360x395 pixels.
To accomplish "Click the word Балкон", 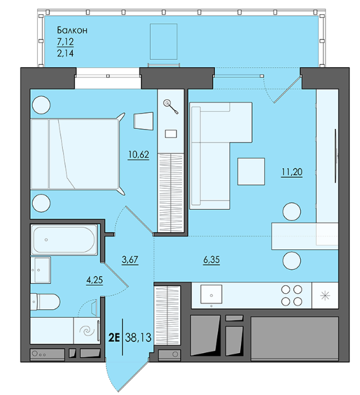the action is click(72, 30).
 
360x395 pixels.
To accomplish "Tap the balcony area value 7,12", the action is click(65, 41).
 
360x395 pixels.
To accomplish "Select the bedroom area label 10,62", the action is click(139, 154).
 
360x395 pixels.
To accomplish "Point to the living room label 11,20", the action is click(292, 172).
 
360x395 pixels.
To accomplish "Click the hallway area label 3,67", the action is click(130, 259).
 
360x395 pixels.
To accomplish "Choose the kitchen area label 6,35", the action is click(212, 260).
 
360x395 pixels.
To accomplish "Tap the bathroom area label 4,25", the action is click(94, 280).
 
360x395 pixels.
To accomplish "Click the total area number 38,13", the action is click(138, 338).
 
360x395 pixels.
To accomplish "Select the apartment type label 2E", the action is click(114, 338).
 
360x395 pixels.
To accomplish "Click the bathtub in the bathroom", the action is click(64, 240).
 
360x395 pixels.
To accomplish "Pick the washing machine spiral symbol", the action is click(87, 331).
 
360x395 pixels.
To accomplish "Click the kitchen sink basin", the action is click(211, 294).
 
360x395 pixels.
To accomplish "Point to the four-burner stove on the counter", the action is click(291, 296).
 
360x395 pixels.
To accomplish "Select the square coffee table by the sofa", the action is click(251, 172).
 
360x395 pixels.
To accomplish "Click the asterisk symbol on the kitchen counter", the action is click(325, 296).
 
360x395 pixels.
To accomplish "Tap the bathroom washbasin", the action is click(41, 270).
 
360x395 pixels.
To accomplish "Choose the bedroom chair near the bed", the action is click(143, 121).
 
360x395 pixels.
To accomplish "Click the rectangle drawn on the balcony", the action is click(164, 41).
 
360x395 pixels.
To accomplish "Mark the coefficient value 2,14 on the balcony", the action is click(65, 54).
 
